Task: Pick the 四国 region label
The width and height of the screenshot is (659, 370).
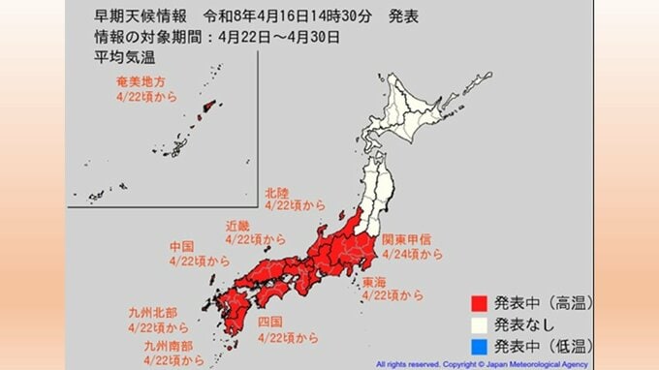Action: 271,321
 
